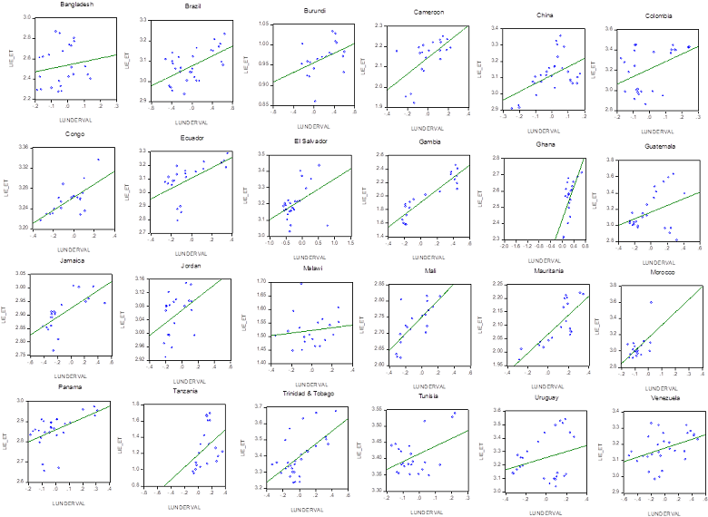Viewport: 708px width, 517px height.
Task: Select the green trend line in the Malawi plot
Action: click(318, 330)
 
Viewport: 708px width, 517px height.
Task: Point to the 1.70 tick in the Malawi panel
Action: click(266, 282)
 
